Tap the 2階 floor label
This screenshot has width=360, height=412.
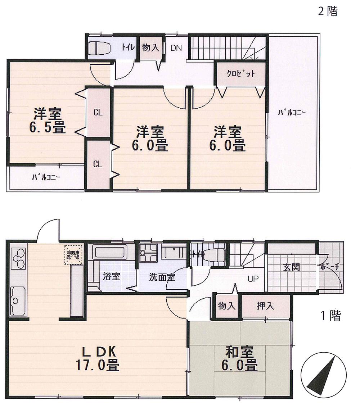click(x=328, y=12)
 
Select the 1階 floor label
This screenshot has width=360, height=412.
click(x=331, y=316)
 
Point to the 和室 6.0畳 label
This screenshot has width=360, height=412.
click(x=240, y=359)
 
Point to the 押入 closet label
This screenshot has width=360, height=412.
click(x=266, y=306)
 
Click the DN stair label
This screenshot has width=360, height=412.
click(x=176, y=48)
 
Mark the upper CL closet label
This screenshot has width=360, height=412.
click(x=98, y=112)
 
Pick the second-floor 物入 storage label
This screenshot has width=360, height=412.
click(x=150, y=48)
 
